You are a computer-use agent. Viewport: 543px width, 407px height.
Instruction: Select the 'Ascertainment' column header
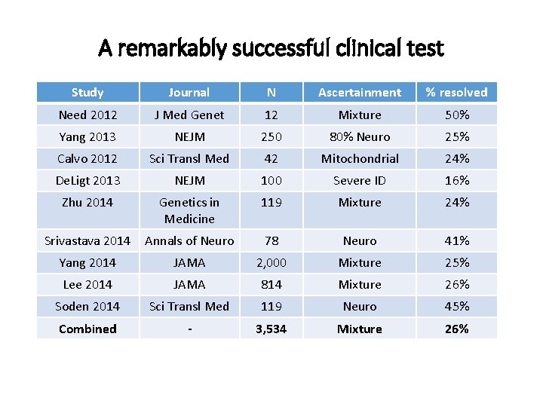pyautogui.click(x=360, y=93)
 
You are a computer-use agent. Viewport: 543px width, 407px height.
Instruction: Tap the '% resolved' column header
pyautogui.click(x=456, y=93)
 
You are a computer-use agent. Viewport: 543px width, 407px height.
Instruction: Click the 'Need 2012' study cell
pyautogui.click(x=87, y=115)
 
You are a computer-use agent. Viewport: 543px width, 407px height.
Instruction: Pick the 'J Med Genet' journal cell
pyautogui.click(x=189, y=115)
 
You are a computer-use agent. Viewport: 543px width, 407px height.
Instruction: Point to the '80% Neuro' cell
pyautogui.click(x=360, y=136)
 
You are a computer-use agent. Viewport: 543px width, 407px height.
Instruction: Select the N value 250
pyautogui.click(x=271, y=136)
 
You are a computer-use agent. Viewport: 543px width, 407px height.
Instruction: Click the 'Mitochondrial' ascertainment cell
pyautogui.click(x=360, y=158)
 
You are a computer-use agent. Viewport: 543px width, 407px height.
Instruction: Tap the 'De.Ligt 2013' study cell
pyautogui.click(x=87, y=180)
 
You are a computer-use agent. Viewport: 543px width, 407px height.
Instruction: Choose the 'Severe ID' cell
pyautogui.click(x=360, y=180)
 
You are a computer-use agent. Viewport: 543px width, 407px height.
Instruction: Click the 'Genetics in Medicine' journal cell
pyautogui.click(x=189, y=210)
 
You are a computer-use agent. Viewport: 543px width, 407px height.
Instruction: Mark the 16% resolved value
pyautogui.click(x=456, y=180)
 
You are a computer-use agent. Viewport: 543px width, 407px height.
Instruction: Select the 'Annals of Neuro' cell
pyautogui.click(x=189, y=240)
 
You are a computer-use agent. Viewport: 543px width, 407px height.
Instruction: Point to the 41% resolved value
pyautogui.click(x=456, y=240)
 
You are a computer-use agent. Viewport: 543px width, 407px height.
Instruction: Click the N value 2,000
pyautogui.click(x=271, y=262)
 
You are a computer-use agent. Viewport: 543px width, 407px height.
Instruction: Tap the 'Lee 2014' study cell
pyautogui.click(x=87, y=284)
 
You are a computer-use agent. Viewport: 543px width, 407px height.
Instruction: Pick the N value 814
pyautogui.click(x=271, y=284)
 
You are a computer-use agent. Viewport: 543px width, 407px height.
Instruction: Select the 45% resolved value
pyautogui.click(x=456, y=306)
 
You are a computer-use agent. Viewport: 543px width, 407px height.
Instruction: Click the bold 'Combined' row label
pyautogui.click(x=87, y=329)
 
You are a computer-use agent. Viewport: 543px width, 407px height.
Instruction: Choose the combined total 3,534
pyautogui.click(x=271, y=329)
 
